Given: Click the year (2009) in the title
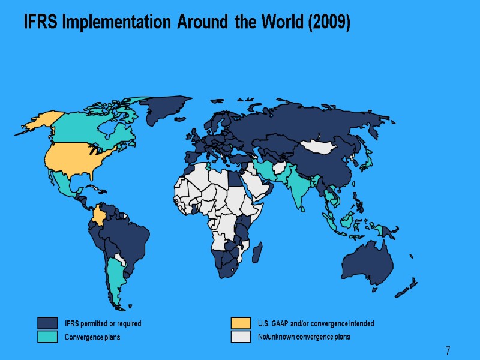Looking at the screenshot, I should pyautogui.click(x=330, y=23).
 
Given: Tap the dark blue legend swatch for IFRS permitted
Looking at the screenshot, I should pyautogui.click(x=47, y=323).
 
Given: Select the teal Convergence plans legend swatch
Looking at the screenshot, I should pyautogui.click(x=47, y=337).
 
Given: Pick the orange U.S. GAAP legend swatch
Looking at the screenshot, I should pyautogui.click(x=241, y=323).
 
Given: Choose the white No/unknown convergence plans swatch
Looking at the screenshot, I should pyautogui.click(x=241, y=337).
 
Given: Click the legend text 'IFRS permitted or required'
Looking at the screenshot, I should pyautogui.click(x=103, y=324).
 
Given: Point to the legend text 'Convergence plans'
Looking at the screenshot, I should pyautogui.click(x=92, y=337).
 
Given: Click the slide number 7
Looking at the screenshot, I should pyautogui.click(x=448, y=350).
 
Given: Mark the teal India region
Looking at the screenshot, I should pyautogui.click(x=297, y=186).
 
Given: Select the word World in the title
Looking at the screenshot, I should pyautogui.click(x=281, y=23).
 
